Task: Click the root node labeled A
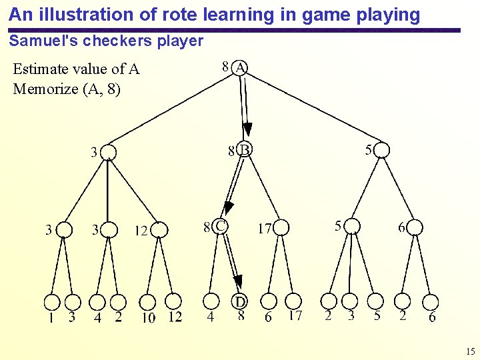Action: pos(240,67)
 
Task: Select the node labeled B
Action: pos(244,151)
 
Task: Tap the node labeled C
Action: pos(220,227)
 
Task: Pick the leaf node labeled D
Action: pos(241,302)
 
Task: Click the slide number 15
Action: pos(470,351)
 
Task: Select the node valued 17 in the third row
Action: pos(281,228)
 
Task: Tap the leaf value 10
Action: pos(149,317)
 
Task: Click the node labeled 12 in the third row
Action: pos(159,230)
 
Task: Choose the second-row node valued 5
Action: pos(381,151)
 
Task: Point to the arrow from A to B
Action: pos(246,107)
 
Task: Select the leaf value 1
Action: pos(51,317)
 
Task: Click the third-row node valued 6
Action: pos(415,227)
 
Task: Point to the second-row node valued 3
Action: pos(108,153)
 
